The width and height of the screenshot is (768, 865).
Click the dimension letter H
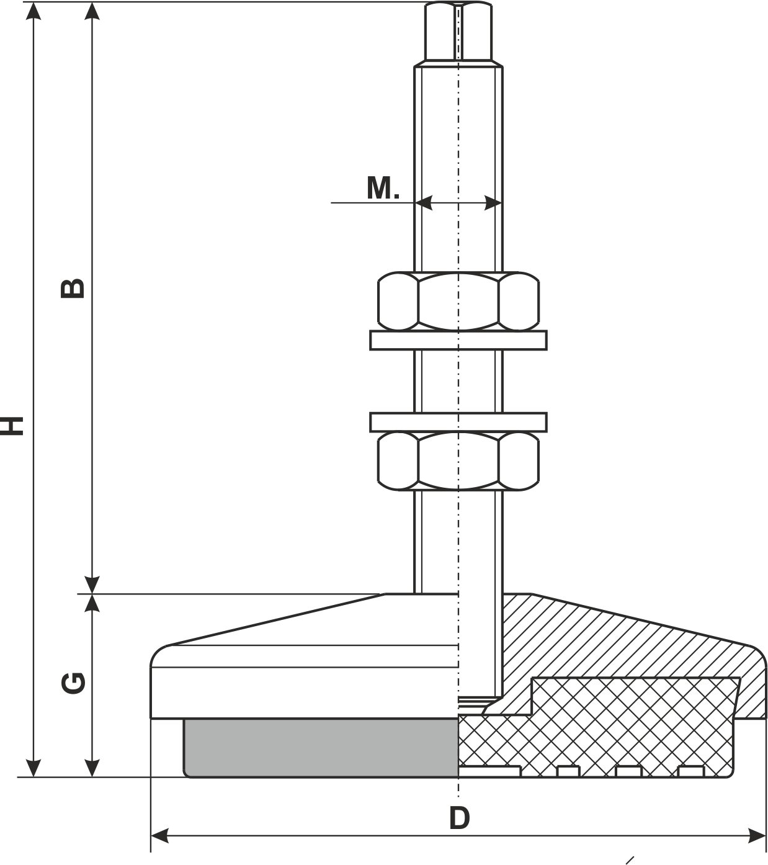coord(12,426)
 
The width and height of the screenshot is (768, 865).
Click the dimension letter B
coord(73,289)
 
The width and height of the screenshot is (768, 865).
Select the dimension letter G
coord(73,683)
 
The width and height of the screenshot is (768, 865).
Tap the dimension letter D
coord(459,818)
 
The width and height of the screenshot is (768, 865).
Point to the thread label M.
coord(383,187)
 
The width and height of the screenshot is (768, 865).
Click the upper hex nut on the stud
coord(458,302)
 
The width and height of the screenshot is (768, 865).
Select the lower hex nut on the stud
coord(458,461)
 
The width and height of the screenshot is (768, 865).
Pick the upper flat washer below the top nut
coord(458,340)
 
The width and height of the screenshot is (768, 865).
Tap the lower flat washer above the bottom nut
coord(458,422)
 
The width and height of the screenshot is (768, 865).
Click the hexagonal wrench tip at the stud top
coord(458,31)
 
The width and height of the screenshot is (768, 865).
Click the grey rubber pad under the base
coord(321,748)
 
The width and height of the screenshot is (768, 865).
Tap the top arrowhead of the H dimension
coord(33,11)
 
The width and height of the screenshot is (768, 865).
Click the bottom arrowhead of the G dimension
coord(92,768)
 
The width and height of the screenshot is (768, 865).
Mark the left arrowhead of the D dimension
coord(159,836)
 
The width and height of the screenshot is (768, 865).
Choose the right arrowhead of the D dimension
coord(757,836)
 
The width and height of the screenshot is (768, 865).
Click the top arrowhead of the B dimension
coord(92,11)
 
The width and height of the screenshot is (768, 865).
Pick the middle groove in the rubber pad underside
coord(628,771)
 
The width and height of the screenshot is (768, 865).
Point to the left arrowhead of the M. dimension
coord(424,203)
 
